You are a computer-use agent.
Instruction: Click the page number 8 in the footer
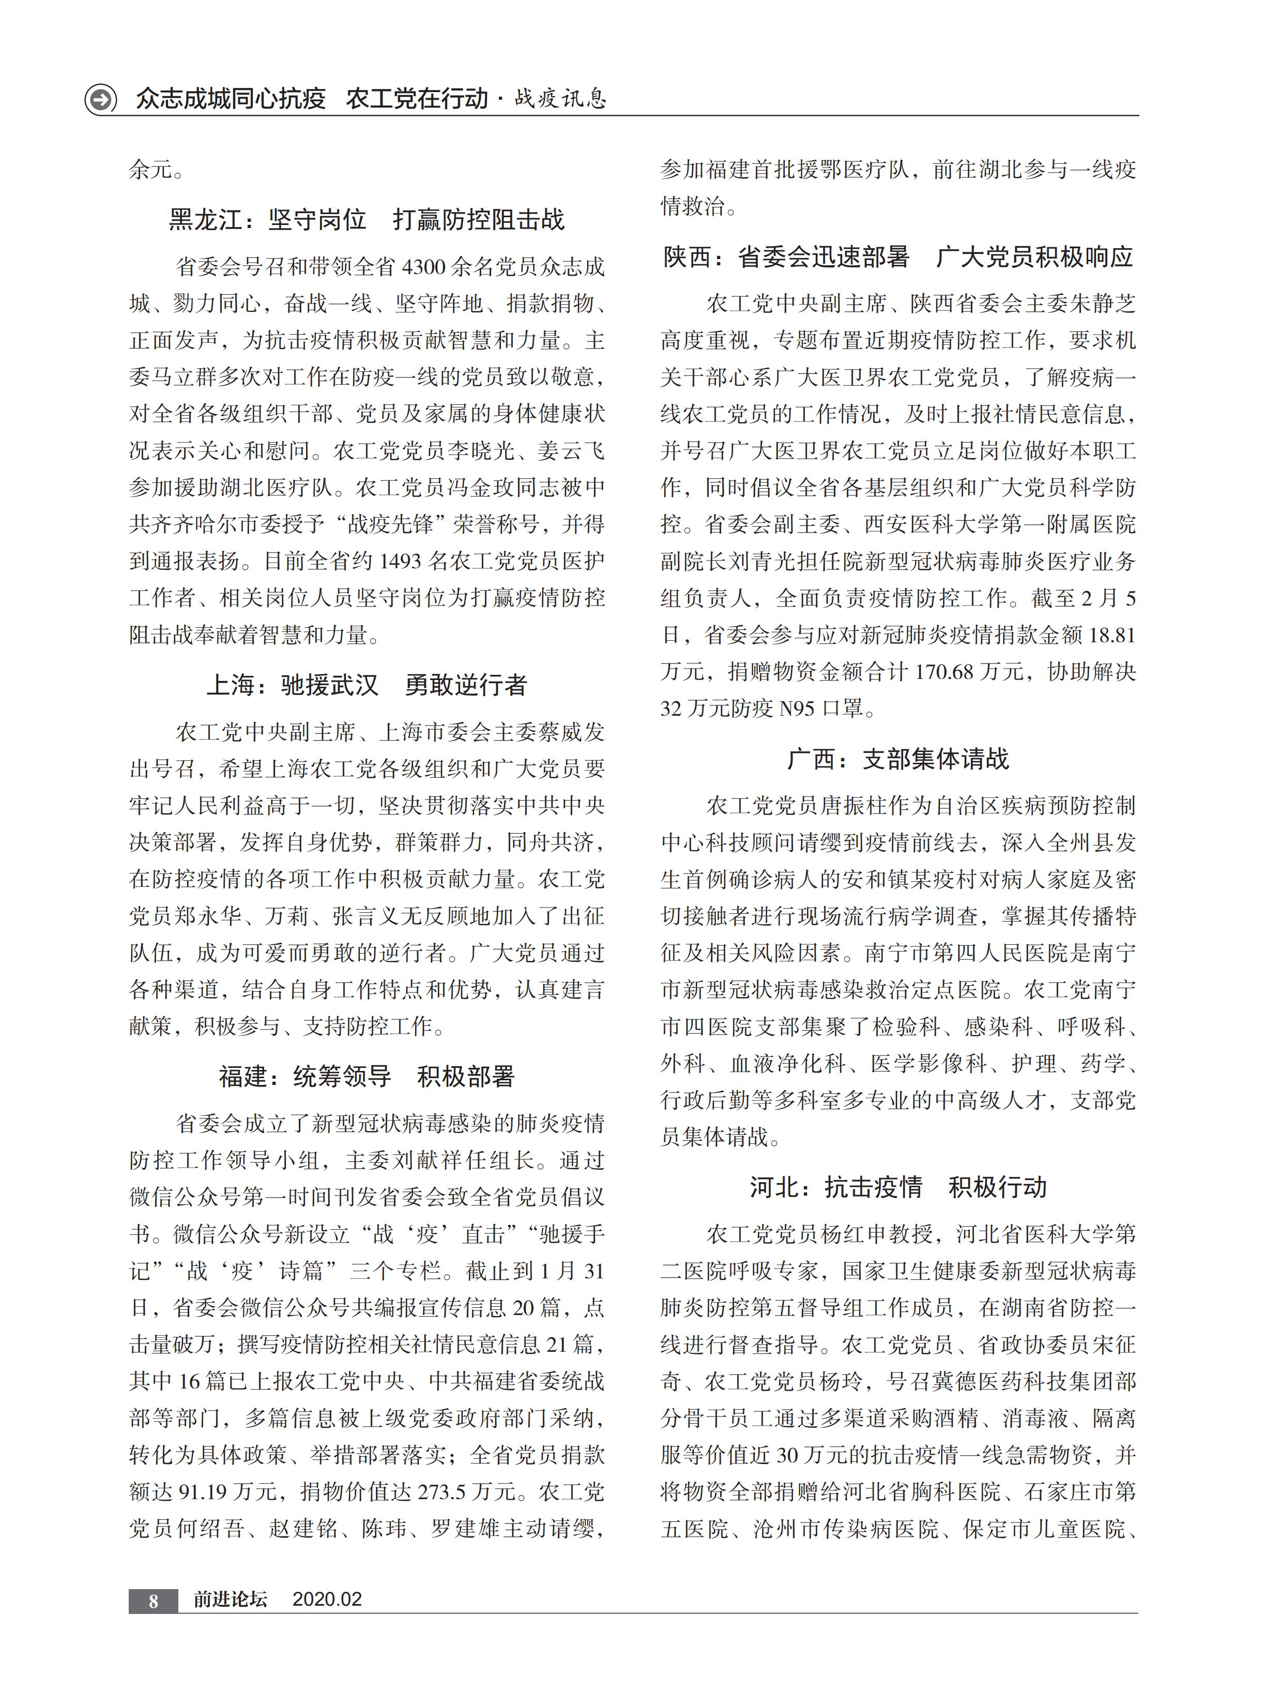click(x=153, y=1600)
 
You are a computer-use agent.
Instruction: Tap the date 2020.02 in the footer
click(x=327, y=1599)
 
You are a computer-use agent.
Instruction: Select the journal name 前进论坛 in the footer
click(x=230, y=1599)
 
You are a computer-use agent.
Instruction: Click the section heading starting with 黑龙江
click(x=367, y=220)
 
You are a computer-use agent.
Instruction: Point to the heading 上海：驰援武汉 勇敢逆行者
click(x=367, y=684)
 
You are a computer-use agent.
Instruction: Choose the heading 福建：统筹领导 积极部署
click(x=367, y=1076)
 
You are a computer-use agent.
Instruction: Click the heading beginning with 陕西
click(x=897, y=256)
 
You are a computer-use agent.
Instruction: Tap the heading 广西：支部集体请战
click(x=897, y=759)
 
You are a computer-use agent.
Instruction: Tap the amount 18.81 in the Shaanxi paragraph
click(x=1111, y=635)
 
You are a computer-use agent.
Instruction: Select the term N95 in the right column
click(x=796, y=708)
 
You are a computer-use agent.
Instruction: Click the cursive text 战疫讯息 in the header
click(x=560, y=99)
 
